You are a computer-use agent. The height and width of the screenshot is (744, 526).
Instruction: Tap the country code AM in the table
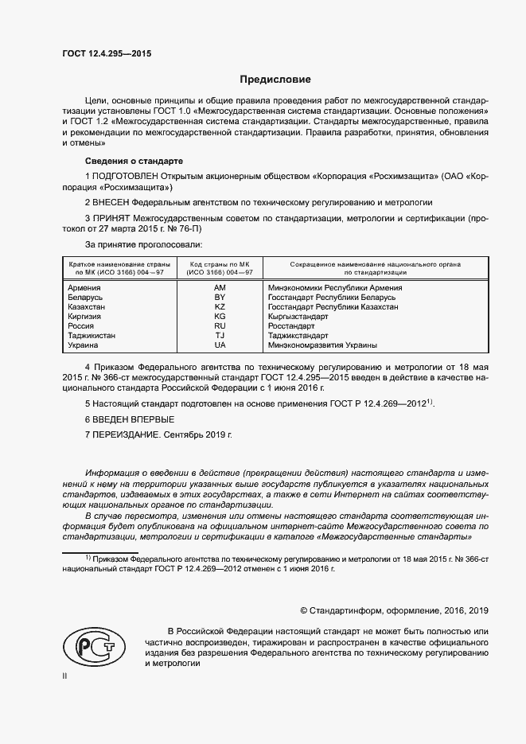(220, 287)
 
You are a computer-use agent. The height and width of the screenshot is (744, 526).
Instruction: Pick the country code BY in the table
(220, 297)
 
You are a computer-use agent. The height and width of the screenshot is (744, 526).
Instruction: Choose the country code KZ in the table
(220, 306)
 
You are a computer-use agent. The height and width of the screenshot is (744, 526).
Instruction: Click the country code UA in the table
(220, 345)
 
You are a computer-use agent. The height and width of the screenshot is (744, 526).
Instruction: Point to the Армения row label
(84, 287)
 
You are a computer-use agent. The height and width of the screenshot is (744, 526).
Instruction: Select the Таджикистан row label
(93, 336)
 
